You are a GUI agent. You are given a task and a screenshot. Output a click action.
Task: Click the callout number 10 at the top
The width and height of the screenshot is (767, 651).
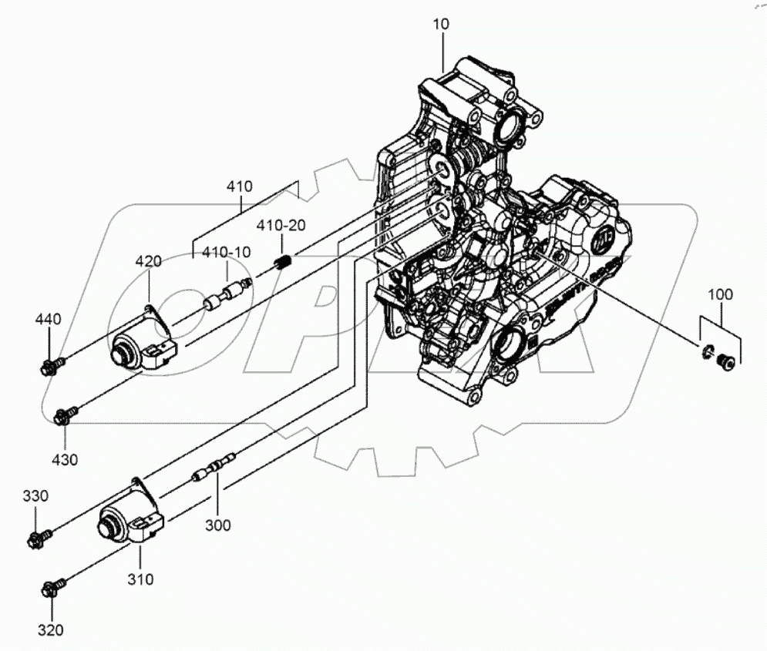pos(440,24)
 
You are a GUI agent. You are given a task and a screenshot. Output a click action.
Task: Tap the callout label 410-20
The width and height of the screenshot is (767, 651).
pos(281,227)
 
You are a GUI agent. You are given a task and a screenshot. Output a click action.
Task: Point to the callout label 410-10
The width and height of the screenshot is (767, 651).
pos(226,252)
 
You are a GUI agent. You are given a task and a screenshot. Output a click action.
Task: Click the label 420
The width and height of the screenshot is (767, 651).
pos(150,261)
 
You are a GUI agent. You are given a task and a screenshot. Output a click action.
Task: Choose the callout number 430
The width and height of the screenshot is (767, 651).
pos(65,460)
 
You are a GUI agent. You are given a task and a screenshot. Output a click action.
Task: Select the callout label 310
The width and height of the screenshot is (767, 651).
pos(140,579)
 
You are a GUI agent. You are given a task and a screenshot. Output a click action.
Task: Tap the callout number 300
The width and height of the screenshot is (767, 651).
pos(217,525)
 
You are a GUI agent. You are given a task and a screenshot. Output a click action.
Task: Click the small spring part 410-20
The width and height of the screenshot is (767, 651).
pos(283,263)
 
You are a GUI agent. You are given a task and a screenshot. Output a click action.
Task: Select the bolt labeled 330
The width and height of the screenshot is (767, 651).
pos(39,535)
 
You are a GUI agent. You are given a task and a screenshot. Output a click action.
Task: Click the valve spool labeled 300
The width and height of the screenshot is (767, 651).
pos(214,468)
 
